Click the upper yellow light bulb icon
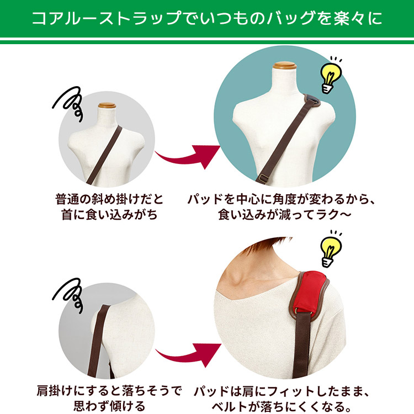[x=331, y=75]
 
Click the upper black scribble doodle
[x=68, y=104]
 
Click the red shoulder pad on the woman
[x=310, y=291]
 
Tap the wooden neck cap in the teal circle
[x=285, y=66]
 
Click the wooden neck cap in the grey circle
[x=107, y=105]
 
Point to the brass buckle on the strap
[x=263, y=178]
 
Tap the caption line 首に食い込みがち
[x=109, y=215]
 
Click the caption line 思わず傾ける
[x=109, y=406]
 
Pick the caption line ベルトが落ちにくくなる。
[x=279, y=406]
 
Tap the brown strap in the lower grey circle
[x=98, y=341]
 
